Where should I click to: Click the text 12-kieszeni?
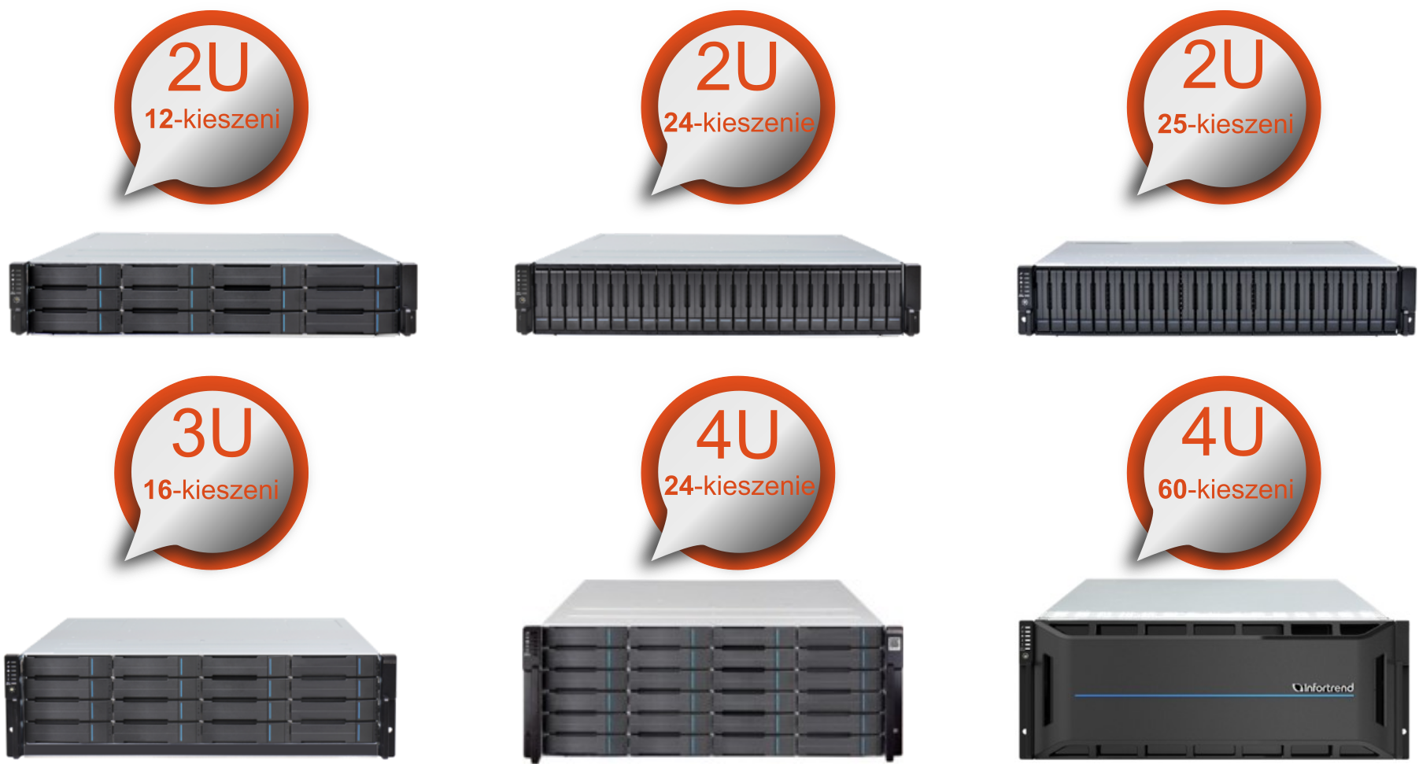212,119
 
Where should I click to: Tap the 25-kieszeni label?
1225,124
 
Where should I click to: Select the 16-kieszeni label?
211,489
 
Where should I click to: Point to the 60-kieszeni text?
1225,489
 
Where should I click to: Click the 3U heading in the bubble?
212,433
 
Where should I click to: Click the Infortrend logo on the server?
1323,688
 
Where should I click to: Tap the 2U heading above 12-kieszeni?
209,67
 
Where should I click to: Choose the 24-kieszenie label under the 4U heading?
739,485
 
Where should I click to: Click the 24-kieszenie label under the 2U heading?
739,122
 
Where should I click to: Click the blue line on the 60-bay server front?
1214,696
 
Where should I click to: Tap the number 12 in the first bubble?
159,119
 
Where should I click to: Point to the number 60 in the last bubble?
1172,489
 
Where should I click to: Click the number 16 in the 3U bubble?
157,489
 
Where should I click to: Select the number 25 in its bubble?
1172,124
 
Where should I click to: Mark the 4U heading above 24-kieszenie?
737,435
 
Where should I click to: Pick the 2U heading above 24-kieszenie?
737,67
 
